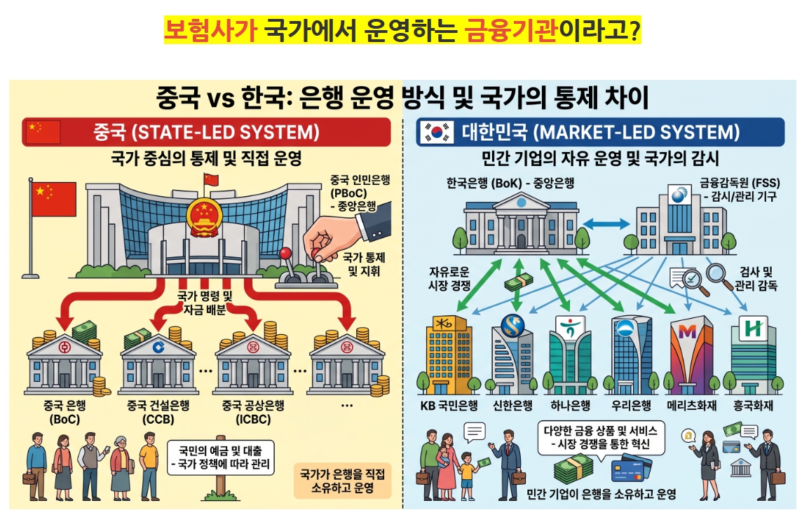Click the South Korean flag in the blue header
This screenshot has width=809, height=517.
point(437,132)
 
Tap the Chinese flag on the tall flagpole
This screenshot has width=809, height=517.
point(54,199)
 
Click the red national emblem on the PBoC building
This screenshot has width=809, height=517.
point(204,217)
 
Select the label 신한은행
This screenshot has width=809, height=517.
point(512,405)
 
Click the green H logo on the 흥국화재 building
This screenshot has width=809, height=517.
point(754,328)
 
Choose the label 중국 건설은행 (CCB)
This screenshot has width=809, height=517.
point(158,412)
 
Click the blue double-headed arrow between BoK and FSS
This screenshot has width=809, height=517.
point(606,223)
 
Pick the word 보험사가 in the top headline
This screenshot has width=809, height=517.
point(210,30)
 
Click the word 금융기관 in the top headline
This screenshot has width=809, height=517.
point(511,30)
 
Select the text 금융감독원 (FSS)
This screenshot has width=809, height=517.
point(740,182)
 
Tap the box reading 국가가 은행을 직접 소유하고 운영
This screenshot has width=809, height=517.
point(343,481)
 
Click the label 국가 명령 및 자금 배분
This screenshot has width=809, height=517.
point(205,303)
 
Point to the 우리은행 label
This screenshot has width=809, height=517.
point(631,405)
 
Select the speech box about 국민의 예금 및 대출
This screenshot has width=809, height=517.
point(221,457)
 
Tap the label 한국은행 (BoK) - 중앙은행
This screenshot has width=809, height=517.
point(510,183)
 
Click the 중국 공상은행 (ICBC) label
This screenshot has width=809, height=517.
point(253,412)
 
